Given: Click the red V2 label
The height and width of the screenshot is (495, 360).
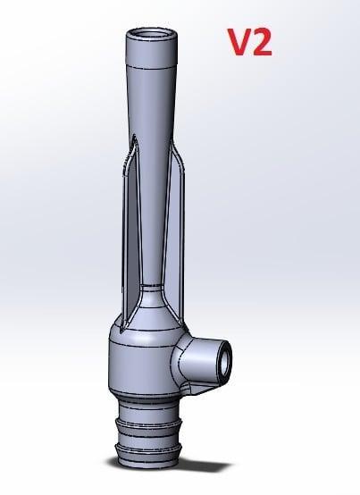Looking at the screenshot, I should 248,42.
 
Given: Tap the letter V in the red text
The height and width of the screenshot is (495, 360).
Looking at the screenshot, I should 236,42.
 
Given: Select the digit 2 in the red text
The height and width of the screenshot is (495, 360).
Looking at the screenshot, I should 261,42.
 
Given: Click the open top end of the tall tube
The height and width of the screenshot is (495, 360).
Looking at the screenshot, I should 148,35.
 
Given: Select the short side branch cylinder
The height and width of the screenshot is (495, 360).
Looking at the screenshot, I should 202,355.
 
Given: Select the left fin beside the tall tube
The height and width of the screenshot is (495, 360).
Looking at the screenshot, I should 129,223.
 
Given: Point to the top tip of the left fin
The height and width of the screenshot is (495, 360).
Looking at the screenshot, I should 133,138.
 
